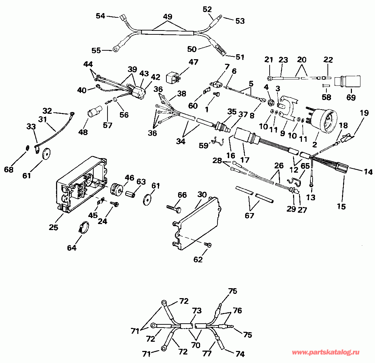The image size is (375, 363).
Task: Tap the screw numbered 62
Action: [208, 245]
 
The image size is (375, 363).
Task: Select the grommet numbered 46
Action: [117, 188]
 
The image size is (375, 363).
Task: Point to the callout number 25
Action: [54, 227]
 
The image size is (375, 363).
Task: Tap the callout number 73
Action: [197, 311]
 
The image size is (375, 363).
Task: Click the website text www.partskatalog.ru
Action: [325, 353]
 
